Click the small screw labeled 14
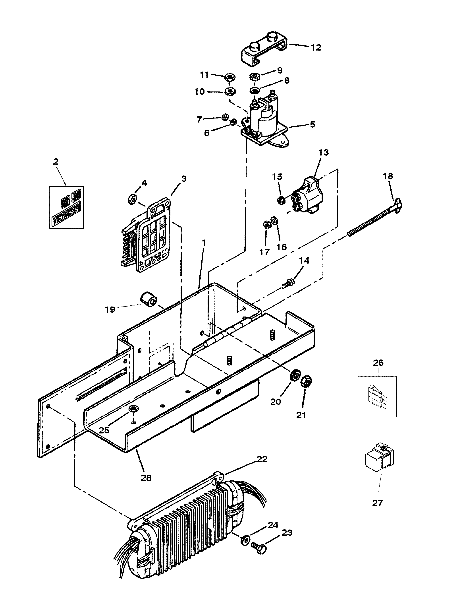point(288,283)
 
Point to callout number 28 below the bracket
point(146,478)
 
